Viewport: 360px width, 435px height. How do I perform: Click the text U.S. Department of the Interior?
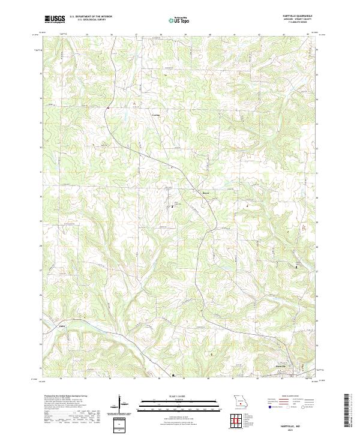coord(91,17)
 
